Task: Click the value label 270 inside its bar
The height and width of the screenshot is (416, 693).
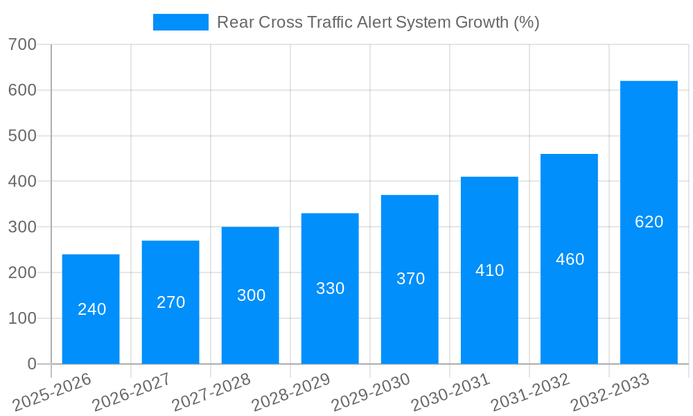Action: (x=170, y=302)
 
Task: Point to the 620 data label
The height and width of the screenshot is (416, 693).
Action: (x=649, y=222)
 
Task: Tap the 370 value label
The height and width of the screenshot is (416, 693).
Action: (x=410, y=279)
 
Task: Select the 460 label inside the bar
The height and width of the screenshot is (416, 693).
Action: (x=570, y=259)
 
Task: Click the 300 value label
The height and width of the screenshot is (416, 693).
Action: (x=251, y=295)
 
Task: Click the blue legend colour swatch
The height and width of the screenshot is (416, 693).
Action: (x=180, y=22)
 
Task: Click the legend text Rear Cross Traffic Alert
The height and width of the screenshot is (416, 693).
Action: (x=378, y=22)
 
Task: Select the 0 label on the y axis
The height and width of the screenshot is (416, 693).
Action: (x=31, y=364)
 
